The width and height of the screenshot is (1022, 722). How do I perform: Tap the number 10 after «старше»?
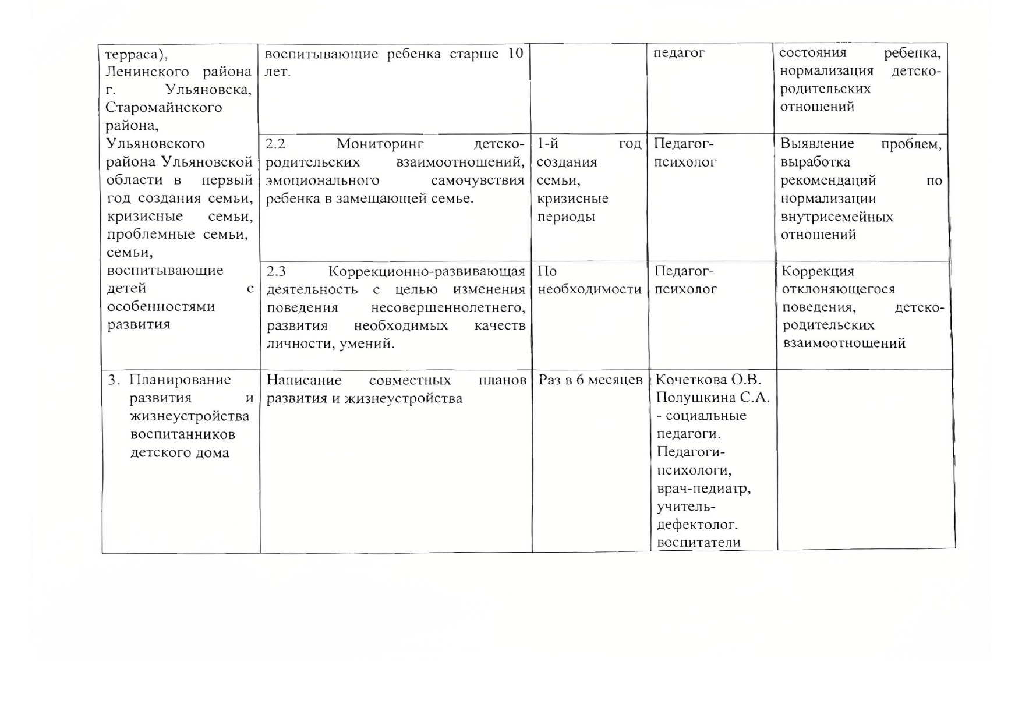[515, 54]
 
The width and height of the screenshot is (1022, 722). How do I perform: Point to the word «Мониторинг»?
[380, 144]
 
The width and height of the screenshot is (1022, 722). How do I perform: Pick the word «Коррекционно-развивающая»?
[427, 271]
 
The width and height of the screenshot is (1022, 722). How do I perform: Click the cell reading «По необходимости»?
[589, 281]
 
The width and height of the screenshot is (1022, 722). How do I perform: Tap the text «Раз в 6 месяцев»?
[590, 380]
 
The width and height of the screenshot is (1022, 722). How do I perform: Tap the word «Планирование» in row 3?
[180, 380]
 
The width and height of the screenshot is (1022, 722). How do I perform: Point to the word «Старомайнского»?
[164, 108]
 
